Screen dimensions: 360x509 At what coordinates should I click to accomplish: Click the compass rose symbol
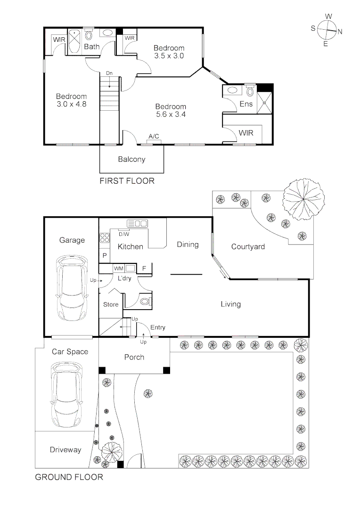pos(327,30)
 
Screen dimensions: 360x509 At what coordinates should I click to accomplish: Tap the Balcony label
pos(131,159)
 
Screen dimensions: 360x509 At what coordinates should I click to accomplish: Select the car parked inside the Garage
pos(72,288)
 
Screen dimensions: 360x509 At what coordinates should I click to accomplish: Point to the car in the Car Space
pos(66,395)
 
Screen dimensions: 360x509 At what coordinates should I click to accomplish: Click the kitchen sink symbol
pos(137,223)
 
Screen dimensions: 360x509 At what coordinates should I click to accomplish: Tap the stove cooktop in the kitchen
pos(105,238)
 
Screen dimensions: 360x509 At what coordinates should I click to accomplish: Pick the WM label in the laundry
pos(118,269)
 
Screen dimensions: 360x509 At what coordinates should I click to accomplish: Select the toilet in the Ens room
pos(250,91)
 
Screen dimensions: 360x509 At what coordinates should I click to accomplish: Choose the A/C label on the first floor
pos(154,136)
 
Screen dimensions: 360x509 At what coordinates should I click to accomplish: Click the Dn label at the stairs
pos(109,74)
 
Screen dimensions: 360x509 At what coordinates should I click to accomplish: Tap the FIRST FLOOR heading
pos(127,181)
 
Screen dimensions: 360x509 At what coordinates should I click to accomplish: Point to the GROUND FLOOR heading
pos(69,477)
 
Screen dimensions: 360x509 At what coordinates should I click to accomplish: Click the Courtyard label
pos(248,246)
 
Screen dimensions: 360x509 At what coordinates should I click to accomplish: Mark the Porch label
pos(134,357)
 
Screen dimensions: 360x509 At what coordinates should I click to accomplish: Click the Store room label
pos(111,304)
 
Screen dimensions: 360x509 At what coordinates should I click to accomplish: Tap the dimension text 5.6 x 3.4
pos(171,114)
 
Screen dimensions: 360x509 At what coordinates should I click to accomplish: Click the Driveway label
pos(65,450)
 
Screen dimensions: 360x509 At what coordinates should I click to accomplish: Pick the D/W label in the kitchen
pos(123,234)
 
